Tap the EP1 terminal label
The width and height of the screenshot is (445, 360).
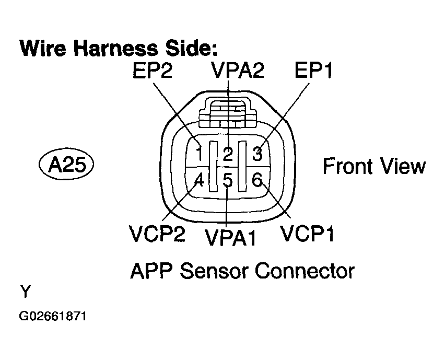[314, 72]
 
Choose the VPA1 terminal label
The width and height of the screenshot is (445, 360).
[231, 238]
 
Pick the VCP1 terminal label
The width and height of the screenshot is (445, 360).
[308, 234]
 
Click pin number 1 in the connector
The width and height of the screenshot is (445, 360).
[199, 154]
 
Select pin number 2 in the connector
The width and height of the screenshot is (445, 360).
[228, 154]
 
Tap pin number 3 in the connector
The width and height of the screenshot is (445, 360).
[257, 154]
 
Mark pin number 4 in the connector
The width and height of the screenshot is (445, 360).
[199, 181]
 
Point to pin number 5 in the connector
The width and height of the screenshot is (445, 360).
[228, 181]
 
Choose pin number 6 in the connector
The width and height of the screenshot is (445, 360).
[257, 181]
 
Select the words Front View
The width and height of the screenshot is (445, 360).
[374, 167]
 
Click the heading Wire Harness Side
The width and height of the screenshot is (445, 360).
[118, 49]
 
